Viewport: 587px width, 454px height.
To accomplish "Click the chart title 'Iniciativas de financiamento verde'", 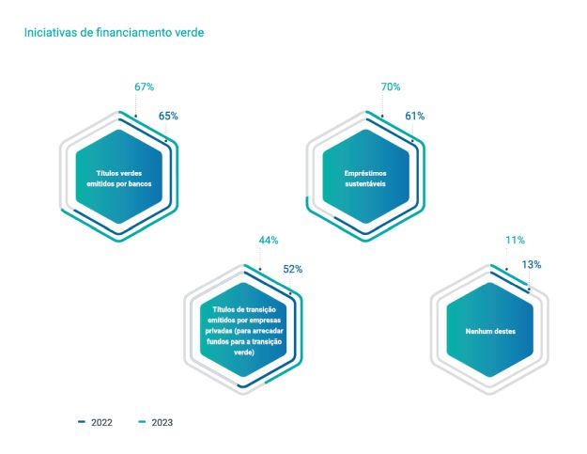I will click(114, 32).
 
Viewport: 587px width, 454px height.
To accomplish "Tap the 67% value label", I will click(144, 87).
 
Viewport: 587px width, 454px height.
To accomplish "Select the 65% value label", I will click(168, 117).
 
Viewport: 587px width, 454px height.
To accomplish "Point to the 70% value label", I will click(391, 87).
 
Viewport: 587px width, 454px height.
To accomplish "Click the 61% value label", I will click(415, 117).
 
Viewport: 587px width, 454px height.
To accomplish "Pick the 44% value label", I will click(269, 241).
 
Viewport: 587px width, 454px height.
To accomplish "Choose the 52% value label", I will click(293, 270).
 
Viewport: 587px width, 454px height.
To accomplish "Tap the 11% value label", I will click(515, 241).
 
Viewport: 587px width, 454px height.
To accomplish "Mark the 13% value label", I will click(532, 265).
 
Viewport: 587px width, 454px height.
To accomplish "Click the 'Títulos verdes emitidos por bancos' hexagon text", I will click(119, 178).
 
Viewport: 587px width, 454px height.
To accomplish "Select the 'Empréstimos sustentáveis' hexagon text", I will click(366, 178).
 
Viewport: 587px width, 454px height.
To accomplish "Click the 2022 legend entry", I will click(95, 423).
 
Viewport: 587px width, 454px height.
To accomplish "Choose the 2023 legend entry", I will click(155, 423).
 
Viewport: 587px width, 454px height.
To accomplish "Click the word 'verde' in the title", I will click(188, 32).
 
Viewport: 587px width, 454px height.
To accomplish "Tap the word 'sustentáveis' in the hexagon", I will click(366, 183).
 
